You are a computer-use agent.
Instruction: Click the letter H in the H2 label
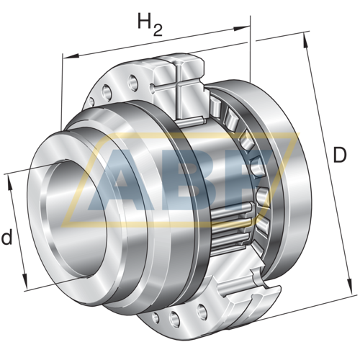point(145,21)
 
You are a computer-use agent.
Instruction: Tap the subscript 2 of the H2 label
point(158,30)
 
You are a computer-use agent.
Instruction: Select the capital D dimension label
point(340,155)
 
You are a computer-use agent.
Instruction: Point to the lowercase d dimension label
point(6,237)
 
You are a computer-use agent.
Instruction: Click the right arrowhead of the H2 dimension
point(242,28)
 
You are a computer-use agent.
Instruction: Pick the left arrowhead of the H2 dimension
point(71,56)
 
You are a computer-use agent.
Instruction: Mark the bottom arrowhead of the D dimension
point(350,286)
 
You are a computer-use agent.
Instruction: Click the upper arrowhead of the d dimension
point(10,182)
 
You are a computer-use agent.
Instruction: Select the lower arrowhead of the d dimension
point(24,280)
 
